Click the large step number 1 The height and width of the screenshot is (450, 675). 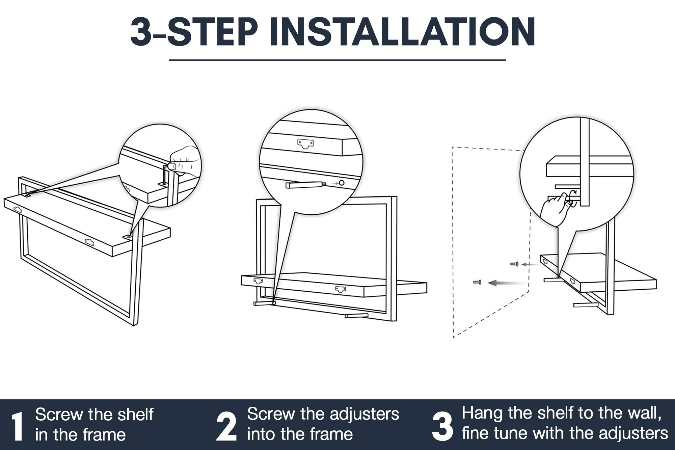tap(17, 426)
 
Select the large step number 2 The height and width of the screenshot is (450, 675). tap(226, 426)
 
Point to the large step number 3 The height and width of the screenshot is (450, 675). tap(442, 426)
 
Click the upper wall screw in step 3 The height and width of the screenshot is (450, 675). tap(514, 264)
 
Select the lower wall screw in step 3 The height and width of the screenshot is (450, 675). tap(477, 282)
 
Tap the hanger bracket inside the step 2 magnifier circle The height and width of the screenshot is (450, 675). tap(306, 144)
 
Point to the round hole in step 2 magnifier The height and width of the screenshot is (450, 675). tap(342, 183)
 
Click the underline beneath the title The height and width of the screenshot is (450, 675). tap(337, 60)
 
